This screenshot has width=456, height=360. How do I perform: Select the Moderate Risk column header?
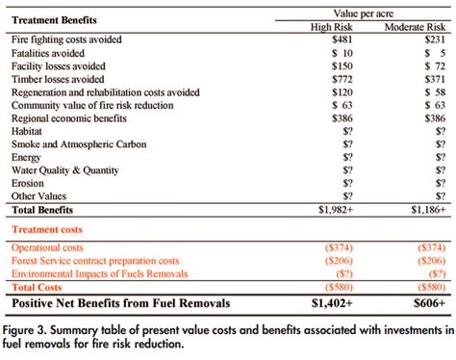(416, 26)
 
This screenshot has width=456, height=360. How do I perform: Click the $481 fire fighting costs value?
(342, 39)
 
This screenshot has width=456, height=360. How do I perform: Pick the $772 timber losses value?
(342, 78)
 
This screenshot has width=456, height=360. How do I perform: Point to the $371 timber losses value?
(434, 78)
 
